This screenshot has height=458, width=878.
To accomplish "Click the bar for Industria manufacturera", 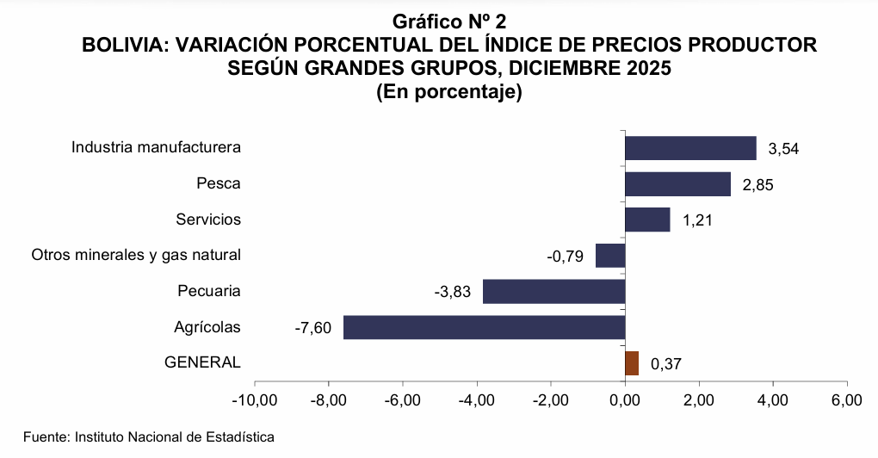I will pyautogui.click(x=690, y=148).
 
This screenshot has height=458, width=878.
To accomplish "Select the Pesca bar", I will pyautogui.click(x=677, y=184).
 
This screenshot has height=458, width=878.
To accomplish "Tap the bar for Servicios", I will pyautogui.click(x=647, y=220).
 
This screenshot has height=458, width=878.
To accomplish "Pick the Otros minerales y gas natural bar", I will pyautogui.click(x=610, y=256).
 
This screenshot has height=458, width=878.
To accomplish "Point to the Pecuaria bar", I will pyautogui.click(x=553, y=292).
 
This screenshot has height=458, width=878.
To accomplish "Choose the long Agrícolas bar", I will pyautogui.click(x=484, y=327).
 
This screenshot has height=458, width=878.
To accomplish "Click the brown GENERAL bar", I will pyautogui.click(x=632, y=363).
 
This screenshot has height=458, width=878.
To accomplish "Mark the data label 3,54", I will pyautogui.click(x=784, y=149).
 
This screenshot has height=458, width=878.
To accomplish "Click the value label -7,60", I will pyautogui.click(x=312, y=328).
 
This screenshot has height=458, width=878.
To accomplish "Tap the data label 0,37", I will pyautogui.click(x=666, y=365).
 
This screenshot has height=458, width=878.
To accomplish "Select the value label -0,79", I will pyautogui.click(x=566, y=257).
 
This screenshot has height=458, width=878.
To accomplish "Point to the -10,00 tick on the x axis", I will pyautogui.click(x=254, y=401).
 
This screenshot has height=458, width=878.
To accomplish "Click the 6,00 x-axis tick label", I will pyautogui.click(x=847, y=401).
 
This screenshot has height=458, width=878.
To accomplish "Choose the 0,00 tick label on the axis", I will pyautogui.click(x=625, y=401).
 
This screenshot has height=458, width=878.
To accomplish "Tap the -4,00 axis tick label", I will pyautogui.click(x=476, y=401).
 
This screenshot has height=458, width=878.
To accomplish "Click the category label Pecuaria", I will pyautogui.click(x=209, y=291).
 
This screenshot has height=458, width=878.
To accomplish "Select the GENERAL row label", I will pyautogui.click(x=202, y=362).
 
